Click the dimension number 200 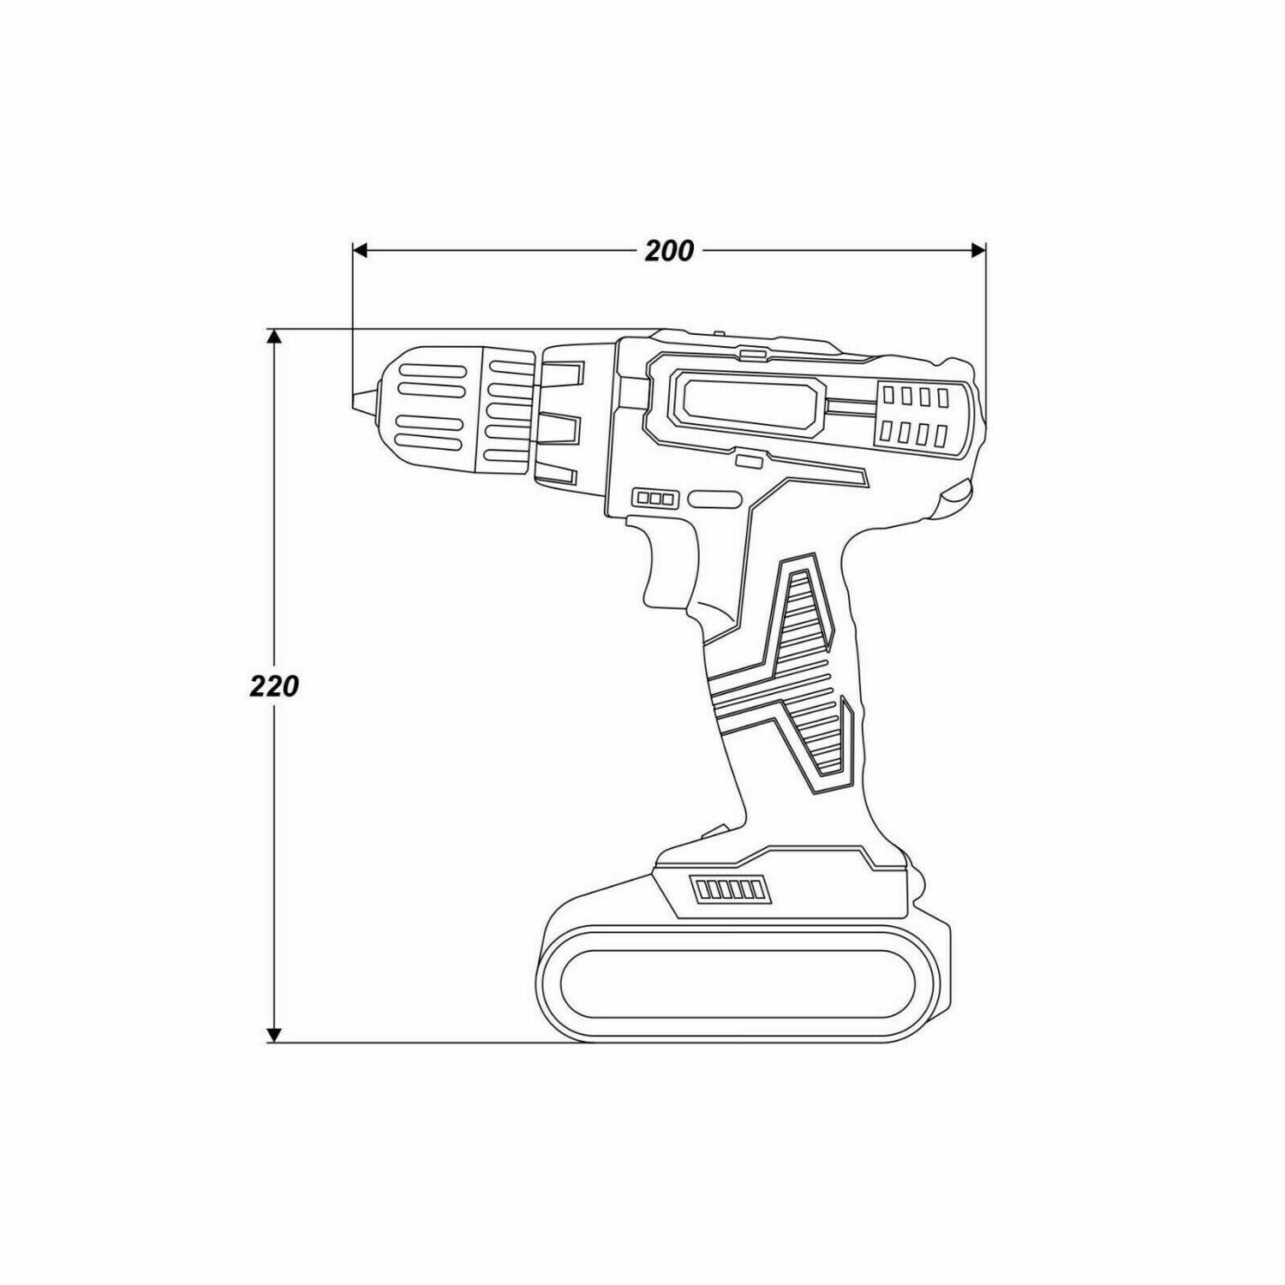[x=669, y=251]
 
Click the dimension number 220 [x=274, y=686]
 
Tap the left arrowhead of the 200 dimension [x=361, y=250]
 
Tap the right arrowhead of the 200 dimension [x=977, y=250]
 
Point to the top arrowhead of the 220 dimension [x=274, y=337]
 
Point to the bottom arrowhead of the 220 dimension [x=274, y=1034]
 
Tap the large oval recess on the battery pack [x=738, y=983]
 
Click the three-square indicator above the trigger [x=655, y=498]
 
